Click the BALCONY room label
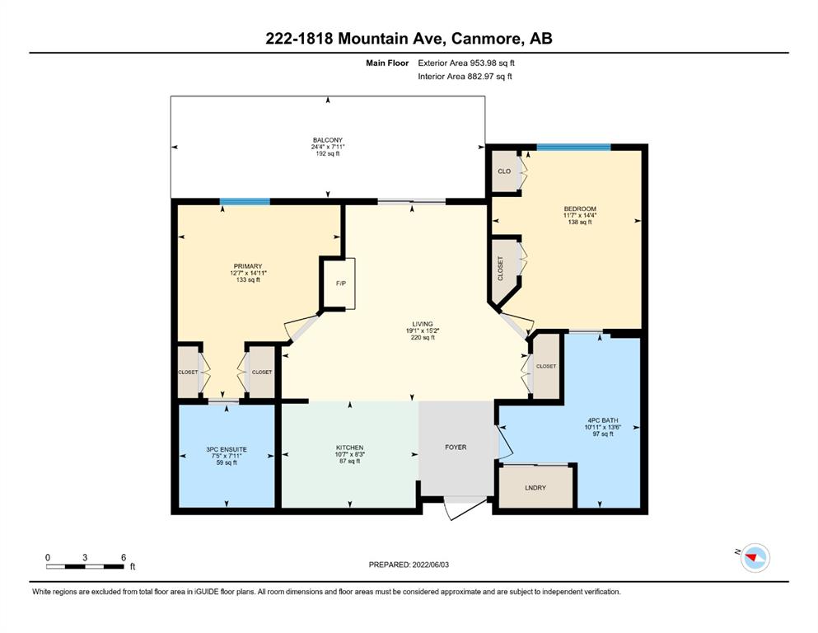pos(328,140)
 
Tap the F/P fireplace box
pos(340,284)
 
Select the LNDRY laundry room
pos(535,487)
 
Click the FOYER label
pos(456,448)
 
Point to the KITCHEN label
pos(349,448)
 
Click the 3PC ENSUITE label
pos(227,449)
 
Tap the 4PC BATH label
pos(602,420)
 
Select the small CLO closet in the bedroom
pos(504,171)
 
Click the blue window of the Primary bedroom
pos(245,202)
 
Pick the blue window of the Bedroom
pos(574,148)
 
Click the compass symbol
pos(755,557)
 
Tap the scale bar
pos(85,566)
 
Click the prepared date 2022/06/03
pos(430,565)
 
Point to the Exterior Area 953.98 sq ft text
pos(466,63)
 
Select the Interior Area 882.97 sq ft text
pos(465,76)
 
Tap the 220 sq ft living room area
pos(423,338)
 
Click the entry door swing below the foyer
pos(463,509)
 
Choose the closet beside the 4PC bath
pos(546,366)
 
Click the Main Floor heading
pos(387,63)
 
